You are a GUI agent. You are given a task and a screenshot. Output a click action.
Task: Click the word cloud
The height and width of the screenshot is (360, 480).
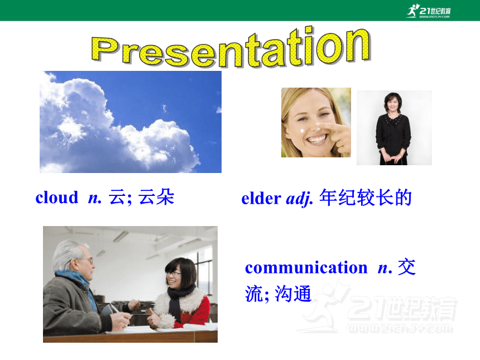coord(57,197)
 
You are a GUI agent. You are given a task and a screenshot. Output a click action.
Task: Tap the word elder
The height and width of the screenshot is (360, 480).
coord(261,198)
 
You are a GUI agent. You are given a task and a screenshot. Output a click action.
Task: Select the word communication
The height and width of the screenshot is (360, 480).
coord(306,267)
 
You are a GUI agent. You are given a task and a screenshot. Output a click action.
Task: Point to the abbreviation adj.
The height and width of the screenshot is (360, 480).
coord(299,199)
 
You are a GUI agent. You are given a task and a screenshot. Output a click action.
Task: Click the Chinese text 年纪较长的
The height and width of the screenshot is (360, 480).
coord(366,198)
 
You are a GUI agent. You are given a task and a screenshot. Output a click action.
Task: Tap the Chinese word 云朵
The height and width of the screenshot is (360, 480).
coord(156,197)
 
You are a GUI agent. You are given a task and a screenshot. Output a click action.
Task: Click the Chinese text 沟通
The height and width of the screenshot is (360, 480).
coord(293,294)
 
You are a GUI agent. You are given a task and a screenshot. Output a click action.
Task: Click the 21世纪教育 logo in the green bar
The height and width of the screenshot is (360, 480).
coord(429,11)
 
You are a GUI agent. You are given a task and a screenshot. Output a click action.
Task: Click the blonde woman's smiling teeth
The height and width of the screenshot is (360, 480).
coord(317,140)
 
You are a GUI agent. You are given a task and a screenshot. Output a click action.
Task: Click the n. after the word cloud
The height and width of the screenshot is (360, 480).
coord(95,198)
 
